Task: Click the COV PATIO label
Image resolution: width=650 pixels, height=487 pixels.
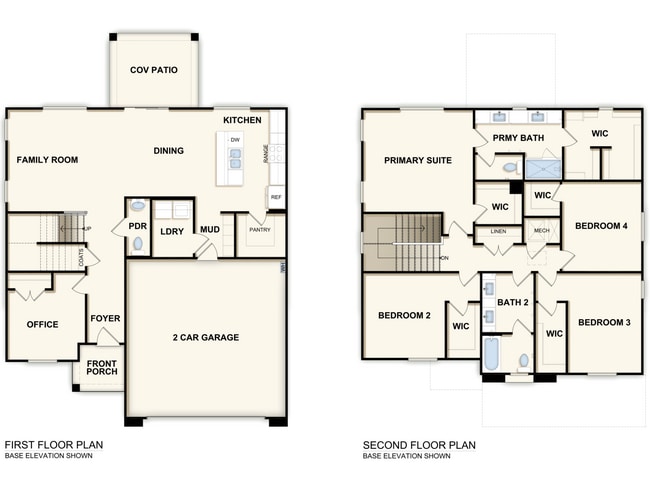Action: [155, 71]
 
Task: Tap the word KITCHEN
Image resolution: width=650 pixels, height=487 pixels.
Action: [242, 120]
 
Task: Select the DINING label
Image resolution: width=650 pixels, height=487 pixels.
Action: [168, 151]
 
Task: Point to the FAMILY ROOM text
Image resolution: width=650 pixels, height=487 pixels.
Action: [47, 159]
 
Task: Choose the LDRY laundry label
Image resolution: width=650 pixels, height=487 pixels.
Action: [172, 231]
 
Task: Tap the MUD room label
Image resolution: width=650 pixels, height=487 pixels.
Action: [209, 229]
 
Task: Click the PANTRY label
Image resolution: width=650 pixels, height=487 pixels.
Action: [259, 229]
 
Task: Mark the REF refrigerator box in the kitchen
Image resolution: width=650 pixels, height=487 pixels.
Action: [275, 197]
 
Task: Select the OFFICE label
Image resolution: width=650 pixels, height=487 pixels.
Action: [42, 324]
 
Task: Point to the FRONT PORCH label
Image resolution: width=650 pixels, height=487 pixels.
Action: [101, 367]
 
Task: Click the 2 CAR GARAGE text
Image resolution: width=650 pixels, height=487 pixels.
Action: [205, 337]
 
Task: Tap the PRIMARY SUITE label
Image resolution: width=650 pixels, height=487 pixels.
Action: [418, 160]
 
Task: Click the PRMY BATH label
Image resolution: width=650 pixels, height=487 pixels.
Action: [516, 137]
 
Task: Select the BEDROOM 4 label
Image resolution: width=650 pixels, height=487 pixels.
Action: [601, 226]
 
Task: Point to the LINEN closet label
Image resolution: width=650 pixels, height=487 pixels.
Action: [497, 231]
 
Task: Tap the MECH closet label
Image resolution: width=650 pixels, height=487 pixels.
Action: [541, 231]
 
